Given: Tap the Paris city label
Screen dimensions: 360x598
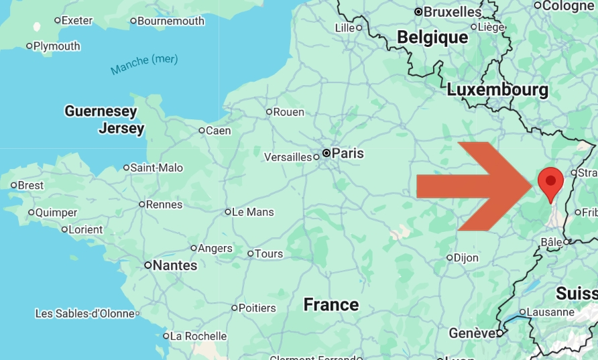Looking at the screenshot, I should tap(347, 153).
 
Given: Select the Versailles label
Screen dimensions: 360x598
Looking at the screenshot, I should tap(288, 157).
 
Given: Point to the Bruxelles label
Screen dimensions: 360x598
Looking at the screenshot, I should tap(453, 11).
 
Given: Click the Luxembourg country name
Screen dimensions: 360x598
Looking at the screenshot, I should tap(497, 89).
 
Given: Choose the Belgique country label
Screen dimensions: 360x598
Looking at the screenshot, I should tap(432, 38).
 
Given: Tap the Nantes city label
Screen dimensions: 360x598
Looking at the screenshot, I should tap(174, 265).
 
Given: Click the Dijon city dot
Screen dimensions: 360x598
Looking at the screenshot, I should tap(450, 257).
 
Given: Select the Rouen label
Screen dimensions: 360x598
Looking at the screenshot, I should tap(288, 112).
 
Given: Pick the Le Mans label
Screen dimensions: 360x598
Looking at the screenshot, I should tap(253, 212).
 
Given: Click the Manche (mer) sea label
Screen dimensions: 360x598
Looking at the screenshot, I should tap(144, 64).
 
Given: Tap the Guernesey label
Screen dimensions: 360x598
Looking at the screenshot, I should tap(101, 111).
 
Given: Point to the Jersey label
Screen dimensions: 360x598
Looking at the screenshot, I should tap(121, 128).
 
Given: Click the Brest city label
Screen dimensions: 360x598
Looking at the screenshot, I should tap(30, 185).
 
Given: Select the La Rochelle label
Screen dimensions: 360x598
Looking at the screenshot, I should tap(198, 336).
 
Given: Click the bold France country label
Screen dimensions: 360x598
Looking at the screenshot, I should tap(331, 305).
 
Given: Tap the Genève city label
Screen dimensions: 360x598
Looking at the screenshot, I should tap(472, 333).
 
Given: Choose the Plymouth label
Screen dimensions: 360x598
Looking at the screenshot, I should tap(56, 46).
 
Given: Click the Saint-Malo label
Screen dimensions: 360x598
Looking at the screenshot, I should tap(156, 168).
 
